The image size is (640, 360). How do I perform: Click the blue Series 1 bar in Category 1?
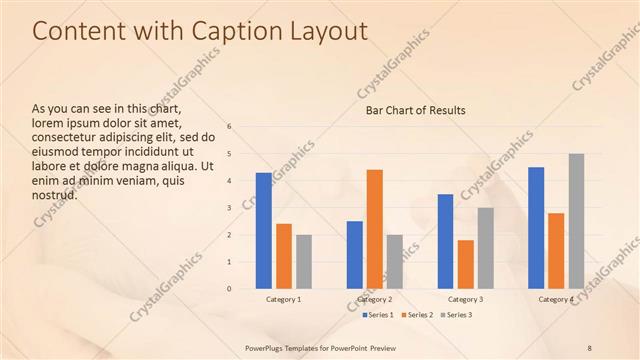[x=263, y=231]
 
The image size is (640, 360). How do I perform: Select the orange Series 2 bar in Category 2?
[x=375, y=229]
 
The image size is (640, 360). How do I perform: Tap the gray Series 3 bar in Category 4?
[x=577, y=221]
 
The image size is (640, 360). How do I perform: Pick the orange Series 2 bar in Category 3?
[x=466, y=264]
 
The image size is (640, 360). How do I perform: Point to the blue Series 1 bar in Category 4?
[x=536, y=228]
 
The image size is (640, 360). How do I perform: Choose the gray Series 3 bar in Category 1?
[x=304, y=262]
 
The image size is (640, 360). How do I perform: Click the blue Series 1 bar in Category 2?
[x=355, y=255]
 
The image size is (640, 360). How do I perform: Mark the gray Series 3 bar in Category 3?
[x=486, y=248]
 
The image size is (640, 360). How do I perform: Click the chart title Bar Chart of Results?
[x=415, y=110]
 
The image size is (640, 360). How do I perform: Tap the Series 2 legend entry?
[x=418, y=315]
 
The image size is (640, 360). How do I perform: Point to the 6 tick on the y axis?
[x=230, y=127]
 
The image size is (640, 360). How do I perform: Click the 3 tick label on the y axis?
[x=230, y=208]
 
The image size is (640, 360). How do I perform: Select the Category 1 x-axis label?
[x=284, y=299]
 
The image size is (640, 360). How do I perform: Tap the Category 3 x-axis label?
[x=466, y=299]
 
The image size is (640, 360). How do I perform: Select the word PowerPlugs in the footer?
[x=268, y=348]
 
